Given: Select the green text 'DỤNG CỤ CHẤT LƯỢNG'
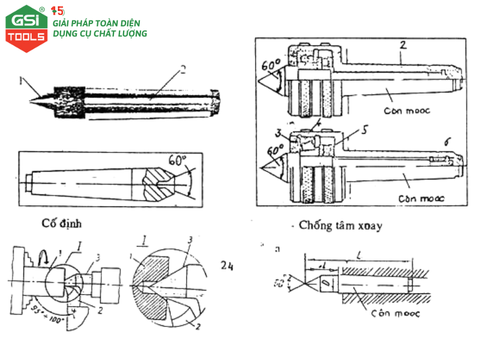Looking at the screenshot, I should click(x=100, y=34).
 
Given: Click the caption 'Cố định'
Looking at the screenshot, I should click(x=62, y=223).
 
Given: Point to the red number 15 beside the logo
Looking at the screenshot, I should click(x=58, y=11).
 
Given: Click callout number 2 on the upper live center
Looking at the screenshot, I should click(x=403, y=44).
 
